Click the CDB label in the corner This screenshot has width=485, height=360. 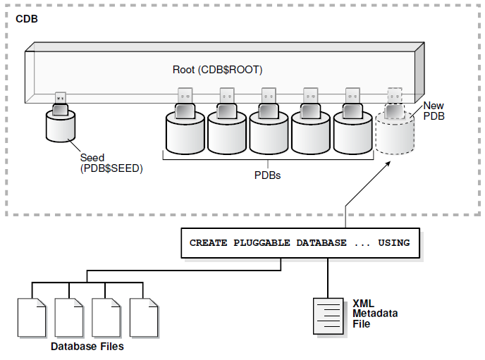coord(27,18)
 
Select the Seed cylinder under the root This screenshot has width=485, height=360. coord(60,128)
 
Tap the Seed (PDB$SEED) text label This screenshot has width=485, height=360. coord(111,163)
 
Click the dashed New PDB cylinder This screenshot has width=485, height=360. coord(395,134)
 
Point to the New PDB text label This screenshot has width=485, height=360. coord(434,111)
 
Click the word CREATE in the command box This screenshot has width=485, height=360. coord(208,243)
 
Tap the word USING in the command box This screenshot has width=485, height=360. coord(393,243)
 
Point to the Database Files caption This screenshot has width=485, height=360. coord(87,346)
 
